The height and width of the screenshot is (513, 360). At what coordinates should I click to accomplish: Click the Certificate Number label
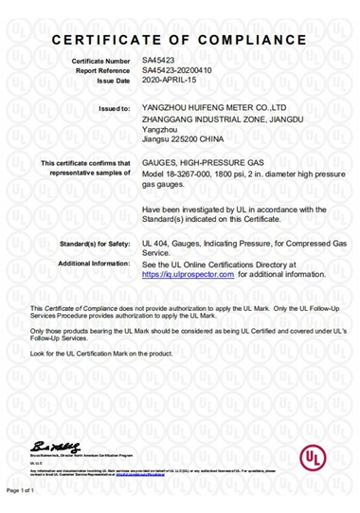[x=100, y=61]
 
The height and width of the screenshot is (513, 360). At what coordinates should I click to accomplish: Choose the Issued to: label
[x=114, y=110]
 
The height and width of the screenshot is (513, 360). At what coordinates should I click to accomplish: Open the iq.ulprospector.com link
[x=188, y=273]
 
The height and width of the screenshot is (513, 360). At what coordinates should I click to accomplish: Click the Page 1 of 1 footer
[x=21, y=491]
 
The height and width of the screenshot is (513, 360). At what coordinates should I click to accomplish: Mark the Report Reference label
[x=101, y=69]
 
